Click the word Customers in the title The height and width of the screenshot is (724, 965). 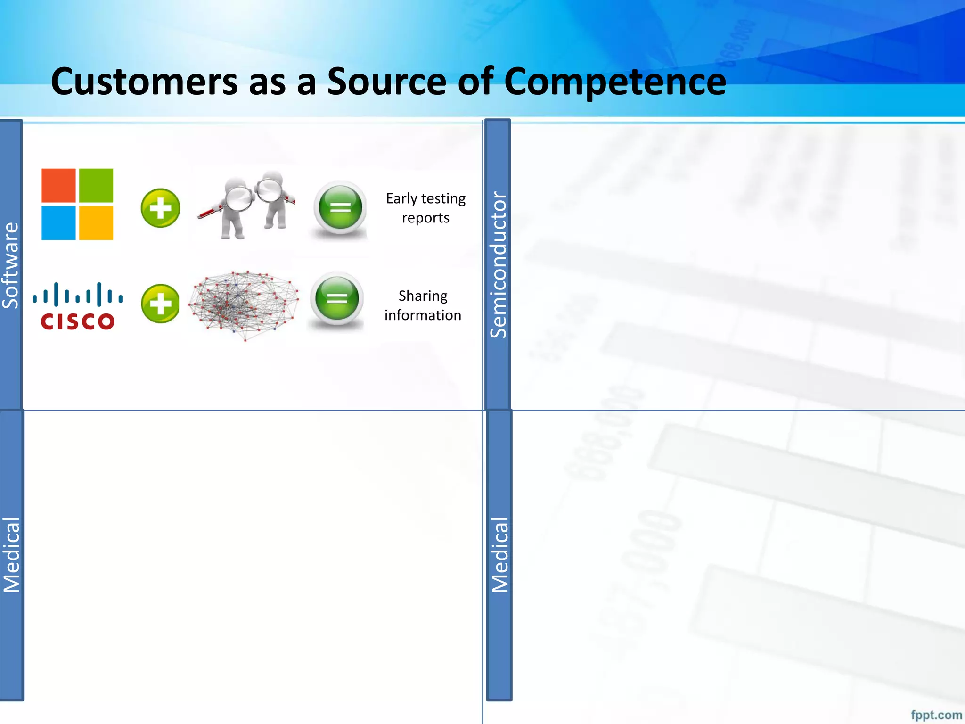144,82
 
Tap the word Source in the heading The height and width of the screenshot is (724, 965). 386,82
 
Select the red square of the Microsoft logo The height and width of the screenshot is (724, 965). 58,185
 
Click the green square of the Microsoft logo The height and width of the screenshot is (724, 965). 96,185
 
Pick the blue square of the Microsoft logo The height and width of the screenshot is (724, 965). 58,223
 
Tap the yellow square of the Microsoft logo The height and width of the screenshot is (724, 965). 96,223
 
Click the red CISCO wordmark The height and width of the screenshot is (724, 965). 77,322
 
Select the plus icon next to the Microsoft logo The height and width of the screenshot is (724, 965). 160,208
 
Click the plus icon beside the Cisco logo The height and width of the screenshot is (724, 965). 160,304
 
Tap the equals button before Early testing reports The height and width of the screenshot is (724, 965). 340,208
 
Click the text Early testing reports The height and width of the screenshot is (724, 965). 425,208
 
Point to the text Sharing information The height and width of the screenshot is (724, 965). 423,305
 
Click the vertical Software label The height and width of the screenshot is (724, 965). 10,265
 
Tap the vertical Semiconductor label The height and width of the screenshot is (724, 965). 498,264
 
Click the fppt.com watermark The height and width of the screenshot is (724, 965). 936,715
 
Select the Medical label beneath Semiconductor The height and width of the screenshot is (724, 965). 499,555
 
